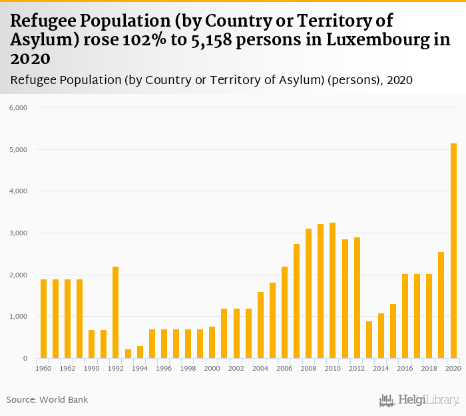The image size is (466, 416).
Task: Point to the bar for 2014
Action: pos(381,336)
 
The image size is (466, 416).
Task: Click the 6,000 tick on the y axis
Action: pos(17,107)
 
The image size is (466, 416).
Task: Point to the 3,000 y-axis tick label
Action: pos(17,233)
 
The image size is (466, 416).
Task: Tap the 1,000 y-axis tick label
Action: pos(17,317)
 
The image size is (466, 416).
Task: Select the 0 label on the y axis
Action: pos(23,359)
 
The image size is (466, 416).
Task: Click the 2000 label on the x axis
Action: pos(212,368)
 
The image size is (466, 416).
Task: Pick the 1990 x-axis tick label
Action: pos(92,368)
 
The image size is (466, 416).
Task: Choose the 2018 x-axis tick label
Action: pos(429,368)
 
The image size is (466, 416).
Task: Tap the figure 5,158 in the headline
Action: pos(190,39)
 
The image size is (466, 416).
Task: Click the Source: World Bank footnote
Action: pos(47,400)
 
